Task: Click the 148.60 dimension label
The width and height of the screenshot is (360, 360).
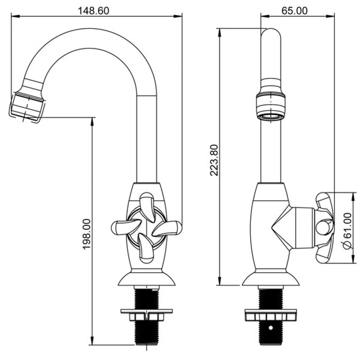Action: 94,10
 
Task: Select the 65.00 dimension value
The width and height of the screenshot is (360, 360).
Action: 294,10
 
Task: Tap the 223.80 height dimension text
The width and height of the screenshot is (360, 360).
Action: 214,160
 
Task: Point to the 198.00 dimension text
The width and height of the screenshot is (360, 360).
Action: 87,234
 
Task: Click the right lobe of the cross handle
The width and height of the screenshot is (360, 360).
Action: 167,228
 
